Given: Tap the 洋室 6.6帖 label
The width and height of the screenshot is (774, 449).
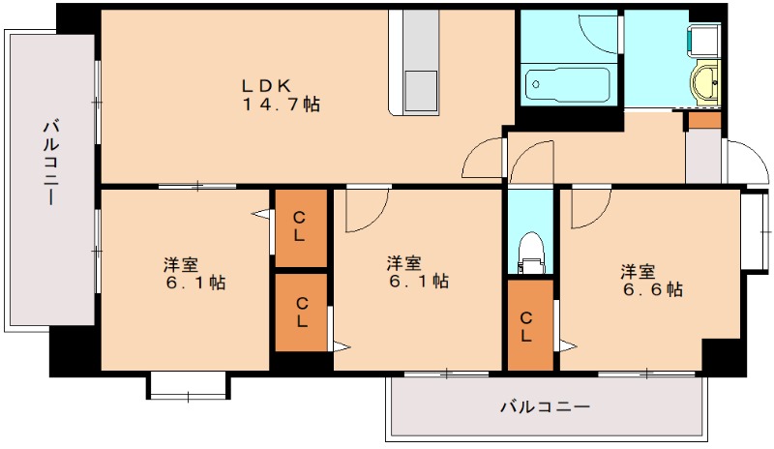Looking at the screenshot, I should (652, 280).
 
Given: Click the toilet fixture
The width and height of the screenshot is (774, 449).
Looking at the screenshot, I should (529, 254).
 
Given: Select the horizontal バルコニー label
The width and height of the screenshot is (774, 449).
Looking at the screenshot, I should (544, 406).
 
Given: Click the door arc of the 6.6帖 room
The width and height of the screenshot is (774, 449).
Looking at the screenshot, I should (588, 208).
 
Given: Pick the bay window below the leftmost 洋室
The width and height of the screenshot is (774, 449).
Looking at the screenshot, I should (189, 385).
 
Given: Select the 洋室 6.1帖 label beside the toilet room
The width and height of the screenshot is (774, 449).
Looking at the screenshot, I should (417, 272).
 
